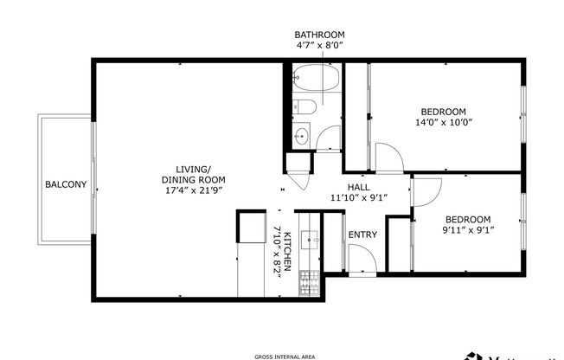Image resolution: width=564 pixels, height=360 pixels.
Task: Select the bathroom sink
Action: point(301,135)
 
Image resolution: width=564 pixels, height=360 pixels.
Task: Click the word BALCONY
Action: point(66,184)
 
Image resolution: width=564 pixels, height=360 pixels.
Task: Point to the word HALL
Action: point(360,187)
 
